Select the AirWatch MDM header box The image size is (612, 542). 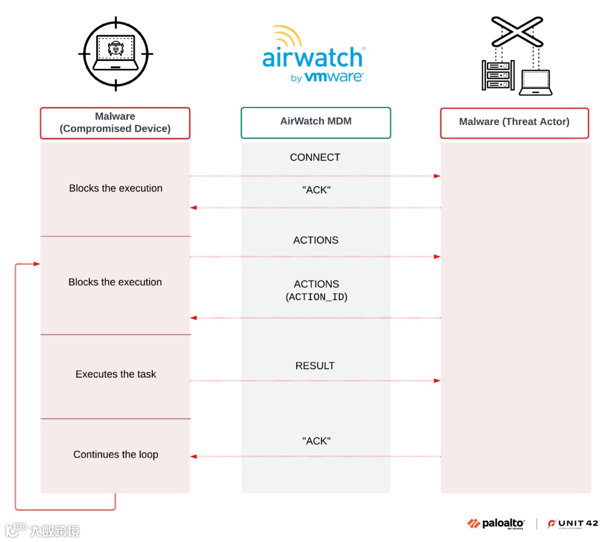click(316, 122)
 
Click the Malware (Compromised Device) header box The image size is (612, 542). click(115, 123)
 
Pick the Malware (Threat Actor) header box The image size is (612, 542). click(514, 123)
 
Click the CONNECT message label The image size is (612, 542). click(315, 157)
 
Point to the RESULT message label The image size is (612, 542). click(315, 366)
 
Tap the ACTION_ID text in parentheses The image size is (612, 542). click(317, 297)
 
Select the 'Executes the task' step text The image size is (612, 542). click(116, 374)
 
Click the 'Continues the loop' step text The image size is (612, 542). click(116, 455)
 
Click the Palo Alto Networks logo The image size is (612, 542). click(496, 523)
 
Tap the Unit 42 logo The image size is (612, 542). click(572, 523)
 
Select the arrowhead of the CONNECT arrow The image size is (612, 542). click(437, 176)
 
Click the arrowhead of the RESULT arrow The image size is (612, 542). click(437, 381)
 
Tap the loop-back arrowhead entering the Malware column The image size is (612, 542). click(37, 264)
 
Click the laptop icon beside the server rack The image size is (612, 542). click(536, 82)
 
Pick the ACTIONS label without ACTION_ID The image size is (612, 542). click(315, 240)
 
